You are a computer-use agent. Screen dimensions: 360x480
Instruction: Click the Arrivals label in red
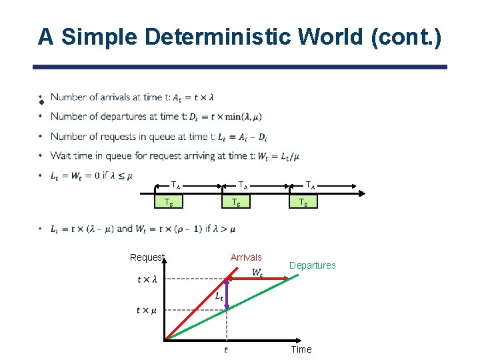click(x=246, y=257)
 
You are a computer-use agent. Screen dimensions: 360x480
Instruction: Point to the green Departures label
click(x=312, y=265)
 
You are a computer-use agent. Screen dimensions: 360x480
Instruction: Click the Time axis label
click(x=301, y=349)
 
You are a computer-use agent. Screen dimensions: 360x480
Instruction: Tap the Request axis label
click(x=147, y=257)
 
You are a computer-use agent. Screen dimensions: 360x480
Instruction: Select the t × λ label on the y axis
click(x=147, y=279)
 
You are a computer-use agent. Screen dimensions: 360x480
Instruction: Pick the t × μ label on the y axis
click(x=147, y=310)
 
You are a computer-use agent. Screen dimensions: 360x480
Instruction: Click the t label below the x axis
click(x=226, y=349)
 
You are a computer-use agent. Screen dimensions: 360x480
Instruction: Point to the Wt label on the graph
click(x=257, y=272)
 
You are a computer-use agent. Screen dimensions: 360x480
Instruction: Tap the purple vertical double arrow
click(x=227, y=293)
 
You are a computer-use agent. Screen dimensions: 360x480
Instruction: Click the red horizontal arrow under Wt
click(x=260, y=278)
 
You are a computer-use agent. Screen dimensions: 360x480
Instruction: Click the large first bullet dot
click(x=41, y=101)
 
